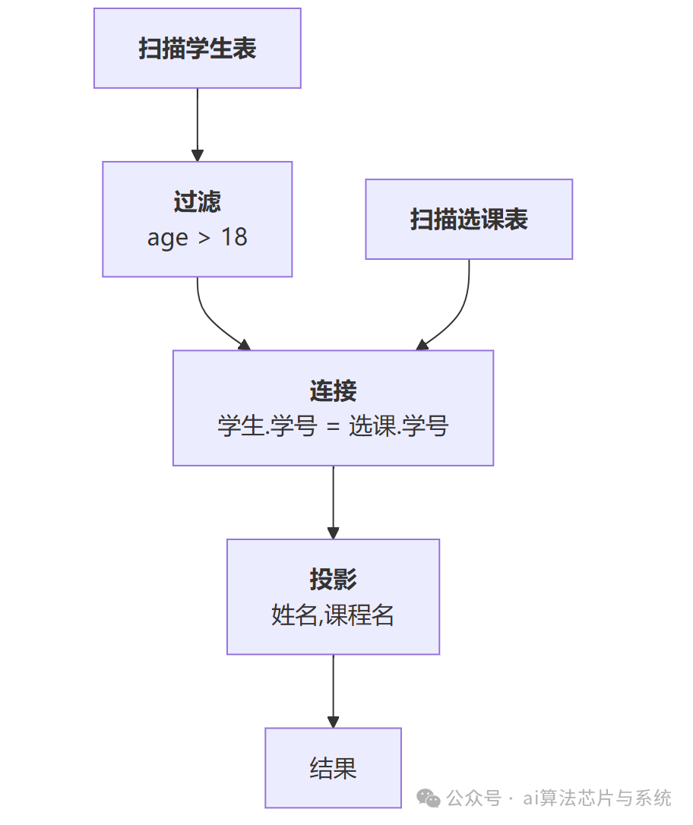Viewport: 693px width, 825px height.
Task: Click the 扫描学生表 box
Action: [x=198, y=49]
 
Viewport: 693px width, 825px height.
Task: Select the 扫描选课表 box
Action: [x=469, y=220]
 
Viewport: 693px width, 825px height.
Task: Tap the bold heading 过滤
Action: [x=198, y=202]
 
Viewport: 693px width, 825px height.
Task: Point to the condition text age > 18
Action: [x=198, y=237]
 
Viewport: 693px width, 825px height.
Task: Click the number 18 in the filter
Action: [x=234, y=237]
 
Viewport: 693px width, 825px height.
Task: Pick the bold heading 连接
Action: [x=333, y=391]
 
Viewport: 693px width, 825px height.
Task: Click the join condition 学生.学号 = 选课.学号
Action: [x=333, y=426]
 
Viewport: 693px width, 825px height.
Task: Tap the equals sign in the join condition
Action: [x=332, y=427]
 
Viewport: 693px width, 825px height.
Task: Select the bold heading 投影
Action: [x=333, y=580]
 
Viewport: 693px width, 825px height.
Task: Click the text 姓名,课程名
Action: [x=333, y=615]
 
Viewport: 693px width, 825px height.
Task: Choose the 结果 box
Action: [x=333, y=768]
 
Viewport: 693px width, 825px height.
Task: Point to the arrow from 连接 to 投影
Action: [x=333, y=502]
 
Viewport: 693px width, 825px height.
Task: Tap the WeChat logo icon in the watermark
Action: [x=431, y=798]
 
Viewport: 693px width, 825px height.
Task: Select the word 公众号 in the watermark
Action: [x=473, y=798]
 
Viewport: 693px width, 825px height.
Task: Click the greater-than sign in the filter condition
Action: [x=204, y=238]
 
